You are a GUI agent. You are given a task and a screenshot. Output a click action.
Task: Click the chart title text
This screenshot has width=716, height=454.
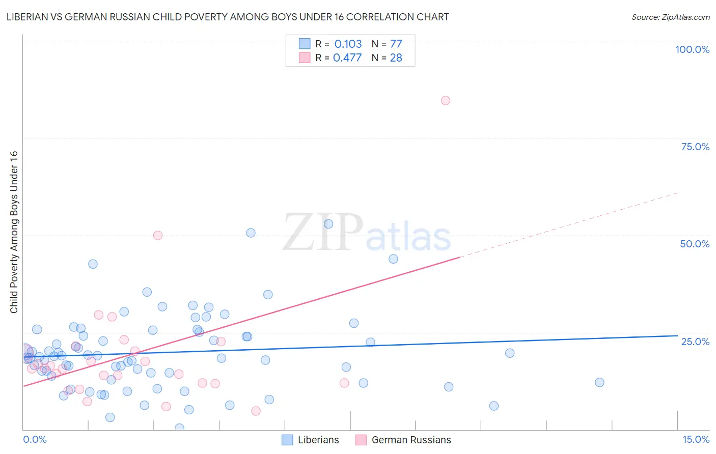[228, 17]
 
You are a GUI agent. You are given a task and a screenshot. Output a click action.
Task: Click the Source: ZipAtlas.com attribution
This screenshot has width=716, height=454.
[670, 17]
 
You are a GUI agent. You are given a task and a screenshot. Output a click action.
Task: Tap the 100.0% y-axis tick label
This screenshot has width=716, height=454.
[692, 49]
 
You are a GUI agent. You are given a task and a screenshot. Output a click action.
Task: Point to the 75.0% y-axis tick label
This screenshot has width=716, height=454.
[695, 147]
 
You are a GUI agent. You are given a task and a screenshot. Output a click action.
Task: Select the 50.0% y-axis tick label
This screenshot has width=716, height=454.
[695, 244]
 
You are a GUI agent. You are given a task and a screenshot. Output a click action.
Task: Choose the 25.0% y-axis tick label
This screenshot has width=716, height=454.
[695, 342]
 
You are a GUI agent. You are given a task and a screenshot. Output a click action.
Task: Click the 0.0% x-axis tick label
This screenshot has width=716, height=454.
[35, 439]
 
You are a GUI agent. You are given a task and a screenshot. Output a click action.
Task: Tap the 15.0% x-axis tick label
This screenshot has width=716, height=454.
[696, 439]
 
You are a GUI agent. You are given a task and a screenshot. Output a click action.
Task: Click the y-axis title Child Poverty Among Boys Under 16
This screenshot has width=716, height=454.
[14, 232]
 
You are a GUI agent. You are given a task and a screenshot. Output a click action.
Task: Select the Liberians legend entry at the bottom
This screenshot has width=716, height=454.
[310, 440]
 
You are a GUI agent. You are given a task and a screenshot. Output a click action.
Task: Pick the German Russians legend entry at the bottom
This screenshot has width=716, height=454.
[403, 440]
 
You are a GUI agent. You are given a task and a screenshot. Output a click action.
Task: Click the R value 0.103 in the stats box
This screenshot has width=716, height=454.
[348, 44]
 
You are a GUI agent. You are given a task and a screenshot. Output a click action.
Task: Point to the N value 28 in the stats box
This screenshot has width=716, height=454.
[396, 58]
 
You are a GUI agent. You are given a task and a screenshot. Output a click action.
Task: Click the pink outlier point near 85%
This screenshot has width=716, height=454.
[446, 100]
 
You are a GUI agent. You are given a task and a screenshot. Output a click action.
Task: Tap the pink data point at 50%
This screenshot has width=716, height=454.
[158, 235]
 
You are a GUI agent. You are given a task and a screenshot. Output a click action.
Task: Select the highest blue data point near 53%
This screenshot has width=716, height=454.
[328, 224]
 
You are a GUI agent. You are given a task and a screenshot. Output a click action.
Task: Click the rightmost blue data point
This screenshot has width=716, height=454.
[599, 382]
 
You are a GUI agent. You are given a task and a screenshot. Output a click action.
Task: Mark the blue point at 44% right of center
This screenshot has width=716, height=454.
[393, 259]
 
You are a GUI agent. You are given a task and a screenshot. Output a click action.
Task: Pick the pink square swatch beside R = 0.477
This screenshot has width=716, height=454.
[305, 58]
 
